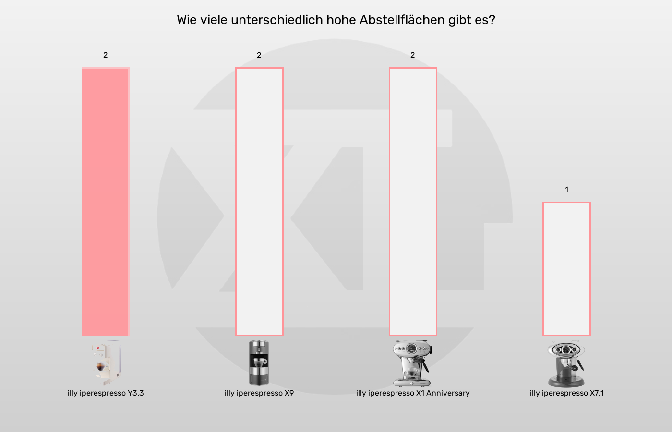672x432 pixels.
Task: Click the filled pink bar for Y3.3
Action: [106, 202]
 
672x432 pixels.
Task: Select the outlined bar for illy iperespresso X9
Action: [259, 202]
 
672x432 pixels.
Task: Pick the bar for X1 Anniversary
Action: [413, 202]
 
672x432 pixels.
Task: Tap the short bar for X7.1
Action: [566, 269]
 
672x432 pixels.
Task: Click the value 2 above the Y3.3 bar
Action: [106, 55]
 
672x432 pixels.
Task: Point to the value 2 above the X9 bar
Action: [259, 55]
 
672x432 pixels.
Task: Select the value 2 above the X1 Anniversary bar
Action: [413, 55]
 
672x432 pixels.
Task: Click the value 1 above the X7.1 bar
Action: [566, 190]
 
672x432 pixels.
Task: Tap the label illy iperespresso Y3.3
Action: [106, 393]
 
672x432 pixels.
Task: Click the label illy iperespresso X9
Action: [259, 393]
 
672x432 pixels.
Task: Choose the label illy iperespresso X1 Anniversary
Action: [413, 393]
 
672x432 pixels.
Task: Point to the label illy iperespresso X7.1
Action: [567, 393]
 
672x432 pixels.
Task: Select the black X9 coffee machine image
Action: [259, 363]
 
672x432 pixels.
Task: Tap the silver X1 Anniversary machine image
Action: [412, 363]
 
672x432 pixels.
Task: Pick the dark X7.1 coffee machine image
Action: [566, 364]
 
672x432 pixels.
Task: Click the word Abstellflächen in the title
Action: [402, 20]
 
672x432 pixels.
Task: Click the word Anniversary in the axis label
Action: [448, 393]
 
